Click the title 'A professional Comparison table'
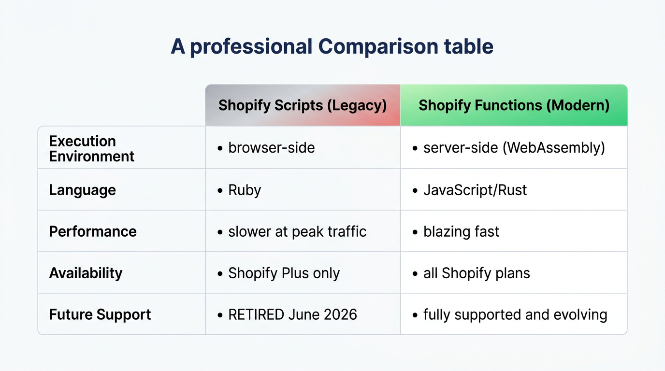click(x=332, y=47)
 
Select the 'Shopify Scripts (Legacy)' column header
click(x=303, y=105)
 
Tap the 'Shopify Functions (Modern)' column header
click(x=514, y=105)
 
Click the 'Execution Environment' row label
click(x=92, y=148)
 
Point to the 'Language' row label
click(x=82, y=190)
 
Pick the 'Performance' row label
click(x=93, y=231)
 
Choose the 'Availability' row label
click(x=86, y=273)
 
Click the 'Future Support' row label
click(x=100, y=314)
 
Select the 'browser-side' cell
click(x=271, y=147)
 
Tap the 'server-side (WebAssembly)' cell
click(x=514, y=147)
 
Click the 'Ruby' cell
click(x=245, y=190)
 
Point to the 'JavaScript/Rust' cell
click(x=475, y=190)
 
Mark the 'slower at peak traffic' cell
click(x=297, y=231)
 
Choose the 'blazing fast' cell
click(x=461, y=231)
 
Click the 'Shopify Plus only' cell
click(x=284, y=273)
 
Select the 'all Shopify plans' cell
click(x=477, y=273)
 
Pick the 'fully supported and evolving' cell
click(x=515, y=314)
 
